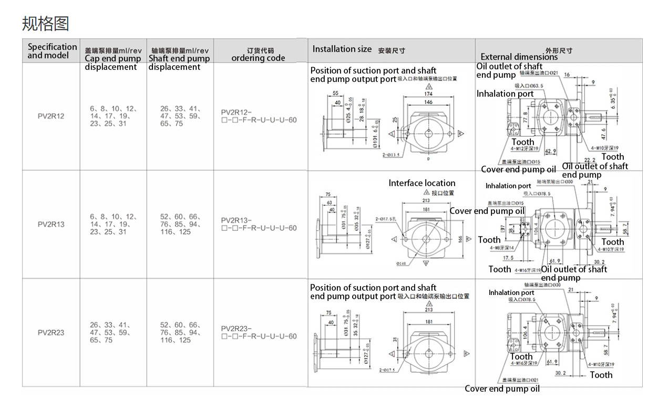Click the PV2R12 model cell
51,116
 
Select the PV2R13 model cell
51,224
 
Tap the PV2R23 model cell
51,332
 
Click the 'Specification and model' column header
52,51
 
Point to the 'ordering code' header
258,58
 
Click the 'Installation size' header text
342,49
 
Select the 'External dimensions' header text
519,57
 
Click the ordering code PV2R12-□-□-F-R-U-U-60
259,116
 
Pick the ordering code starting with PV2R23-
259,332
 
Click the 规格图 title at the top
45,23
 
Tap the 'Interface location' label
422,183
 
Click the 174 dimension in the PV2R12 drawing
429,94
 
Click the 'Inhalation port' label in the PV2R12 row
505,94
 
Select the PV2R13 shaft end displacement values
180,224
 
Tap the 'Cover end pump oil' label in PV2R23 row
502,389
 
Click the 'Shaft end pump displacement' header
179,58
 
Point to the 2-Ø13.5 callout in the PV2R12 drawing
391,155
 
